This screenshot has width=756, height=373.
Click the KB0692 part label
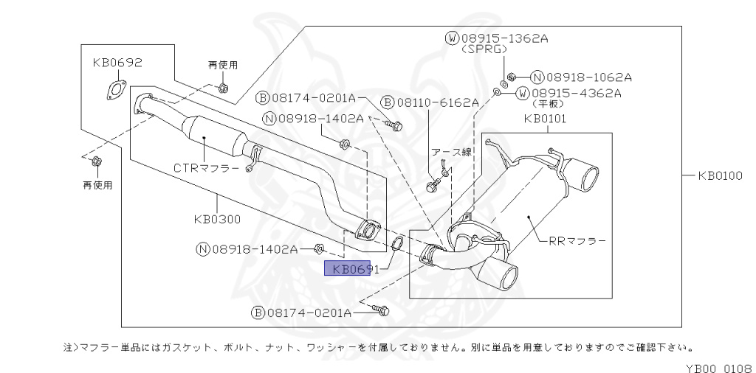click(117, 63)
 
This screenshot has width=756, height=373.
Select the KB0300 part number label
click(217, 218)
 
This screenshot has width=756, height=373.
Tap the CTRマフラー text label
click(206, 168)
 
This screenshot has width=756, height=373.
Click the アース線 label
click(451, 152)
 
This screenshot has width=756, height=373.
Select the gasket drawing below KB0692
click(114, 92)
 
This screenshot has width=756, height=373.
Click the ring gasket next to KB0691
click(396, 243)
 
